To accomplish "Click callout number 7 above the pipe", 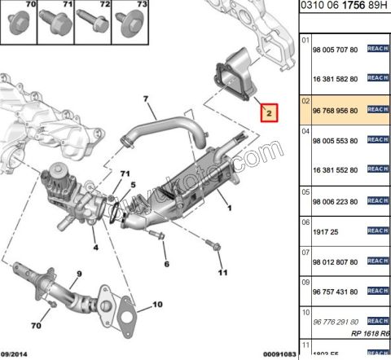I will pyautogui.click(x=147, y=101).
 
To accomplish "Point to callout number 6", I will pyautogui.click(x=165, y=265).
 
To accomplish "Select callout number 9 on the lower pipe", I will pyautogui.click(x=80, y=274).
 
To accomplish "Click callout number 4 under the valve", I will pyautogui.click(x=95, y=248).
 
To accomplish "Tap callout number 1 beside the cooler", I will pyautogui.click(x=231, y=208).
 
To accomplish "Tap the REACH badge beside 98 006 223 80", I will pyautogui.click(x=376, y=201).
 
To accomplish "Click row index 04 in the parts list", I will pyautogui.click(x=305, y=130).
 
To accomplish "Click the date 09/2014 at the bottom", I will pyautogui.click(x=16, y=353).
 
